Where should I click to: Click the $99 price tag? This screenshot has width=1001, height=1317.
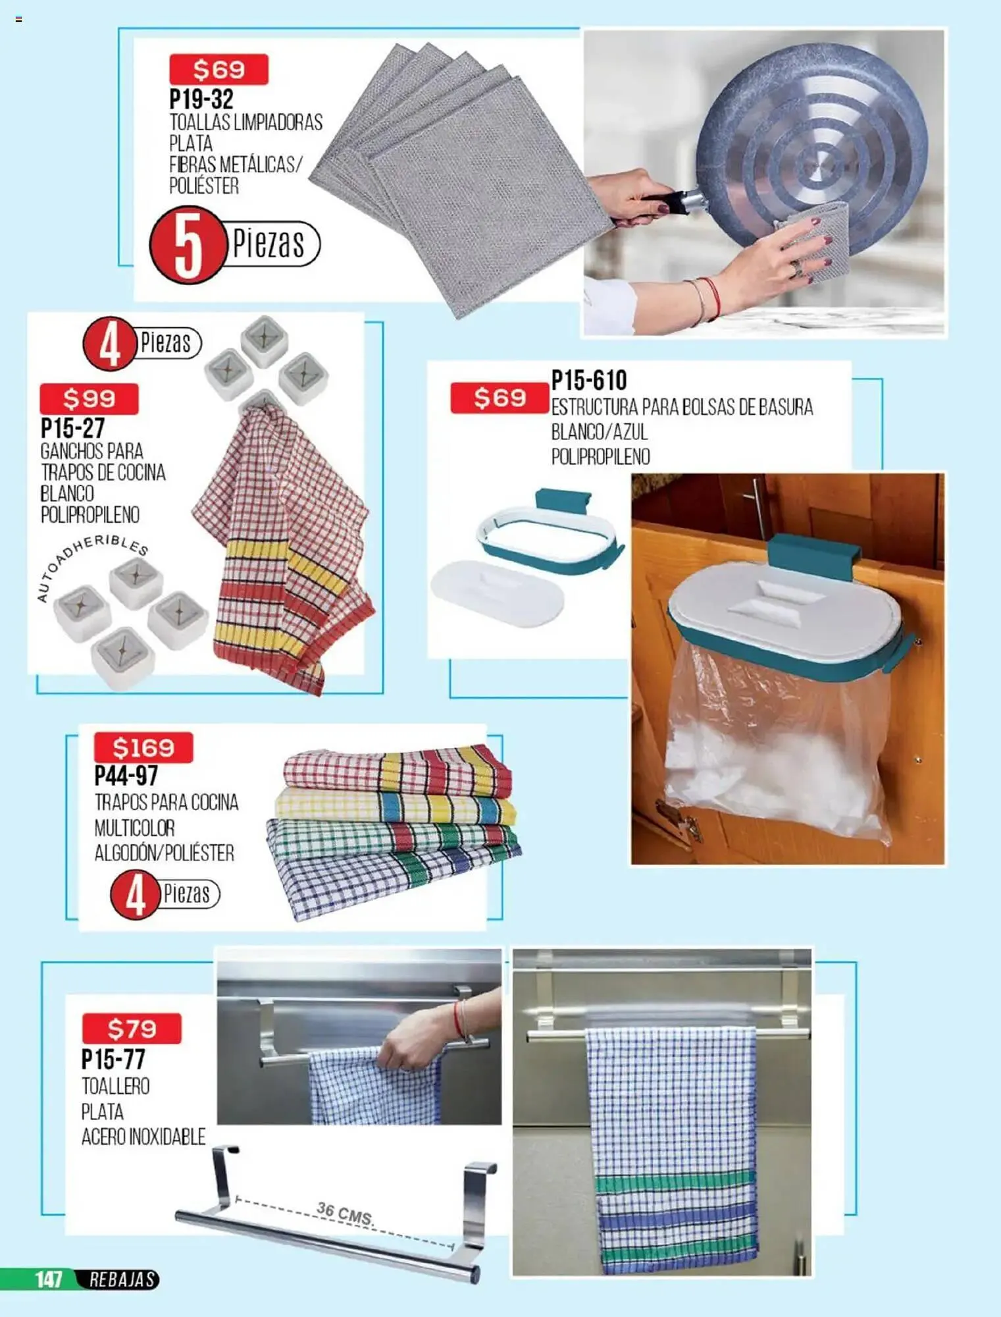click(x=90, y=398)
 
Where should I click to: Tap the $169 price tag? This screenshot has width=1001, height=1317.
click(x=143, y=747)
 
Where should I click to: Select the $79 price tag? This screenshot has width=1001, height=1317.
click(x=132, y=1028)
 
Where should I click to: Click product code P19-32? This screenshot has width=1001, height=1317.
click(x=201, y=99)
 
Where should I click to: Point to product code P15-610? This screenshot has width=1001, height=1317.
click(x=589, y=380)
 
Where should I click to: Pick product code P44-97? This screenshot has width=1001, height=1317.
click(x=126, y=776)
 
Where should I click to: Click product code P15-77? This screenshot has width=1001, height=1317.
click(x=113, y=1059)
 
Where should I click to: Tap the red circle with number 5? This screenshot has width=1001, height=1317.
click(x=188, y=245)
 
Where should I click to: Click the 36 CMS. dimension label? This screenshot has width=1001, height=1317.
click(x=345, y=1212)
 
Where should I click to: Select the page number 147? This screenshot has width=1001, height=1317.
click(x=49, y=1279)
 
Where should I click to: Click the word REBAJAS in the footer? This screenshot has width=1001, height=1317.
click(x=122, y=1279)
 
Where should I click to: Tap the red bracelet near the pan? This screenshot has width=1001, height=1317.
click(x=714, y=298)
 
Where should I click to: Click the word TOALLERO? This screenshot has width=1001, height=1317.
click(x=116, y=1086)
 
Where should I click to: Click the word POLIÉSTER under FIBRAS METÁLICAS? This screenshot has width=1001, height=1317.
click(x=204, y=186)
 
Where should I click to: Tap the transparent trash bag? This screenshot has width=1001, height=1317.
click(x=777, y=744)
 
